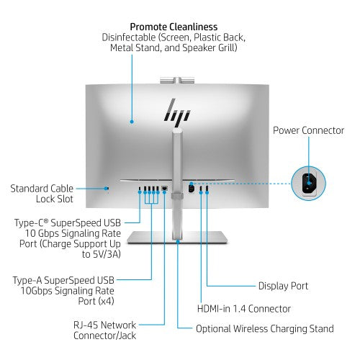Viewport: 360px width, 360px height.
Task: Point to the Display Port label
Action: click(x=283, y=286)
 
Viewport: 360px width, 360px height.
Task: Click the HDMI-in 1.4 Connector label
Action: click(x=243, y=308)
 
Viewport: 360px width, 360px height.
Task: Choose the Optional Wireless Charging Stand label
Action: click(x=265, y=328)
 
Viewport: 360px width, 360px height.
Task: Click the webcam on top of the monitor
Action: click(x=176, y=76)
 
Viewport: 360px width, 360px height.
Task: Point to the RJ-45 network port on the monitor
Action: click(x=165, y=189)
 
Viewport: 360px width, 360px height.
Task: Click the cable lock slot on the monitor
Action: click(x=108, y=190)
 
